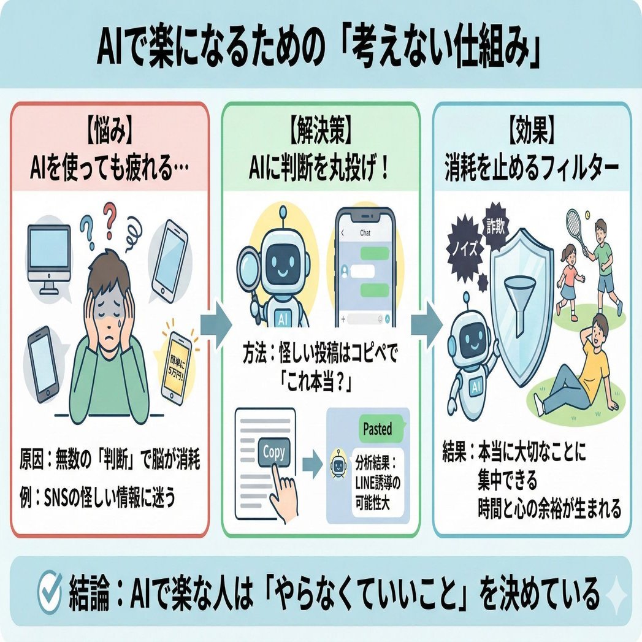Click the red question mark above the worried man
[x=109, y=218]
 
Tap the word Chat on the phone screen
[x=365, y=233]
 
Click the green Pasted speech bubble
[x=377, y=429]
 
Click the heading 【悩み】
[x=111, y=132]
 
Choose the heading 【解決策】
[x=321, y=132]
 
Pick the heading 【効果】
[x=532, y=132]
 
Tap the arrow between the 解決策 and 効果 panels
[x=427, y=323]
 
